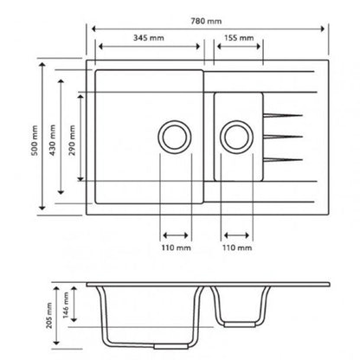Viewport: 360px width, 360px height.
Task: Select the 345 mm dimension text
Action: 151,38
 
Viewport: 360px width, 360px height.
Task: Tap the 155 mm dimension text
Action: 235,38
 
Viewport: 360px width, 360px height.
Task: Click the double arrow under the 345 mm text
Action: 151,48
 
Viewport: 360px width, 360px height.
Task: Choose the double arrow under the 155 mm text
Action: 235,48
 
